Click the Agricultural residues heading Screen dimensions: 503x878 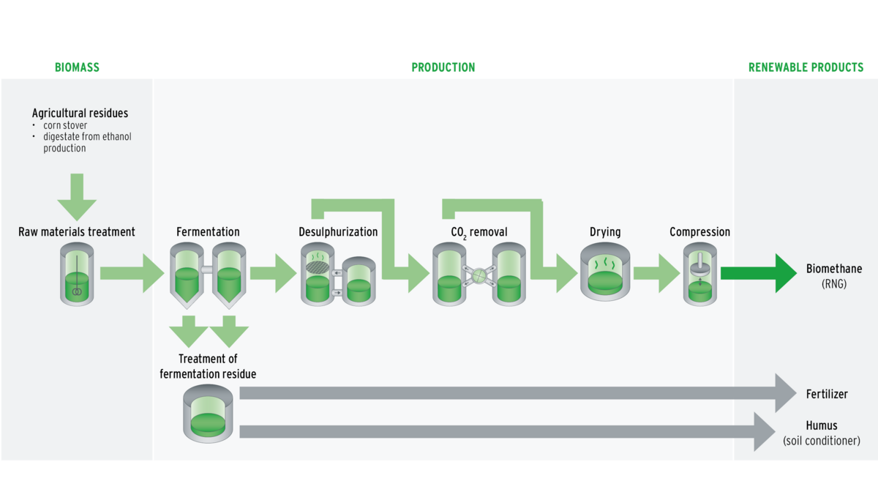pos(80,113)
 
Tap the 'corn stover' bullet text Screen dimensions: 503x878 pos(65,126)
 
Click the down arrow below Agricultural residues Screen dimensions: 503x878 pos(77,196)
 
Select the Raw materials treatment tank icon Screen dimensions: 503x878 pos(77,275)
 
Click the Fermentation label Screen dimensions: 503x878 pos(208,232)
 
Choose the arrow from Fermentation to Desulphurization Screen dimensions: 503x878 pos(272,273)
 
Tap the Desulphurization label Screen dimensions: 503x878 pos(338,232)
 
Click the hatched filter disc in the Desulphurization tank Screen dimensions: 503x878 pos(318,267)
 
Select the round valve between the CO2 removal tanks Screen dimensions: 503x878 pos(478,275)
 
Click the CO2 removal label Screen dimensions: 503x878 pos(479,232)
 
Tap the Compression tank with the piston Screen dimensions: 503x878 pos(700,275)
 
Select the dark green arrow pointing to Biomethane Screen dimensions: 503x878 pos(758,273)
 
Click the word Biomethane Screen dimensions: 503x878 pos(833,269)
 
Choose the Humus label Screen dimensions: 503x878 pos(821,425)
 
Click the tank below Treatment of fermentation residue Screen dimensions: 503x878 pos(207,414)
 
